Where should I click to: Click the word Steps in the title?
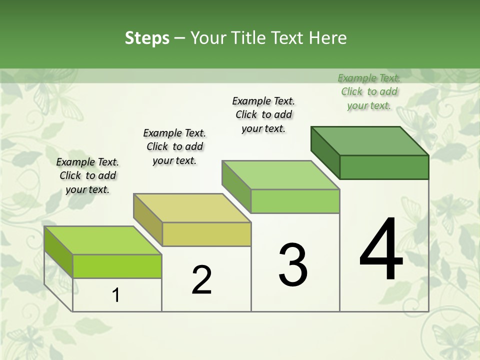pos(147,38)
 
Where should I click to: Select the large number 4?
pos(381,250)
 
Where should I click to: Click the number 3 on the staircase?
pos(292,265)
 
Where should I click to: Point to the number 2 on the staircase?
pos(201,280)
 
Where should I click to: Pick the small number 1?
pos(116,295)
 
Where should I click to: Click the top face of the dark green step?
pos(370,140)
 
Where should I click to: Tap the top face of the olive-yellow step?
pos(192,207)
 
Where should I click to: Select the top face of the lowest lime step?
pos(103,240)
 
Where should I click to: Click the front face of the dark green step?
pos(384,167)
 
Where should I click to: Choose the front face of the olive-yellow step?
pos(206,234)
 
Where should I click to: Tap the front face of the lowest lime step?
pos(117,266)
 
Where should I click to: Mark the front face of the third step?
pos(295,201)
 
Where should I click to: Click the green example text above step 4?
pos(369,91)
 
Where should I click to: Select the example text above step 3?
pos(263,114)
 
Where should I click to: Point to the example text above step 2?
pos(174,146)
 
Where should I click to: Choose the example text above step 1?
pos(87,175)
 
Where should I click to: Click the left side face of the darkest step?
pos(325,152)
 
